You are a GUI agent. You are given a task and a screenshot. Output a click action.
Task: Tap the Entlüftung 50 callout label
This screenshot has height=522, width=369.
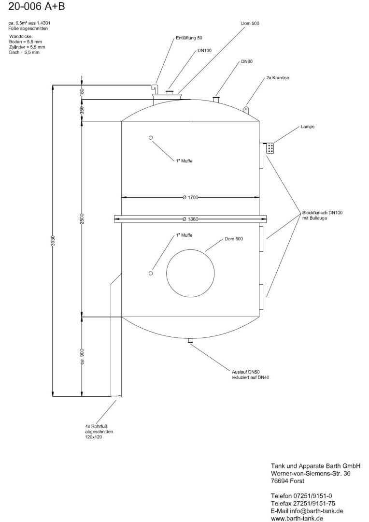coord(189,37)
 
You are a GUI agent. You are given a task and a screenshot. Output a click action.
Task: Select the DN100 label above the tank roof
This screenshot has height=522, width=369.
coord(204,50)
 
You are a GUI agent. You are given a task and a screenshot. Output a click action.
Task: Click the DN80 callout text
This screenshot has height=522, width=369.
coord(246,62)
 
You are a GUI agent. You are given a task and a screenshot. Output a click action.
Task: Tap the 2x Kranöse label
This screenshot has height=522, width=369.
coord(277,77)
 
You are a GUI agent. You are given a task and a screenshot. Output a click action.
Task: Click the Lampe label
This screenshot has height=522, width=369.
coord(307,127)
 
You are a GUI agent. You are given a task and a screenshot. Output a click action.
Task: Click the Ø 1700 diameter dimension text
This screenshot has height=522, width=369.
coord(191,197)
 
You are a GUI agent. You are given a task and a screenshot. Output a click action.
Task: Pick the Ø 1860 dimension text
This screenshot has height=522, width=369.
coord(191,219)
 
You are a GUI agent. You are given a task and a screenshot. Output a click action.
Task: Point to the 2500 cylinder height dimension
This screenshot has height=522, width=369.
coord(82,218)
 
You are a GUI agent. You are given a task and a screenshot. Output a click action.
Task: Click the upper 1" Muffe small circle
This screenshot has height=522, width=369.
coord(151,138)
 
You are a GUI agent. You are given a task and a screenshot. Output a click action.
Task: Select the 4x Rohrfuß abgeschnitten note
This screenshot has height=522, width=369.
coord(100,432)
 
